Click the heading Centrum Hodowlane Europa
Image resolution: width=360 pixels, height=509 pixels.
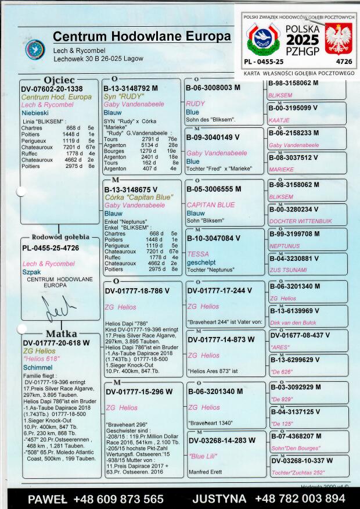142,37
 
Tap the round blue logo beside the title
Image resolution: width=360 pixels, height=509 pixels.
34,49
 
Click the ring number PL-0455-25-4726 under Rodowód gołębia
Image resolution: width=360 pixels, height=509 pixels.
51,248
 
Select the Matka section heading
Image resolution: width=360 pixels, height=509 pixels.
60,334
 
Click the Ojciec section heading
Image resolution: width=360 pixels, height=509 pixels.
59,80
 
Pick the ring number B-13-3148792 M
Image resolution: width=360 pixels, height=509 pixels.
135,88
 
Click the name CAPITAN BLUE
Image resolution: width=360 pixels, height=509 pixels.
210,205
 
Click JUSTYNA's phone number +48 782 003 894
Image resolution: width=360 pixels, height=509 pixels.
300,499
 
